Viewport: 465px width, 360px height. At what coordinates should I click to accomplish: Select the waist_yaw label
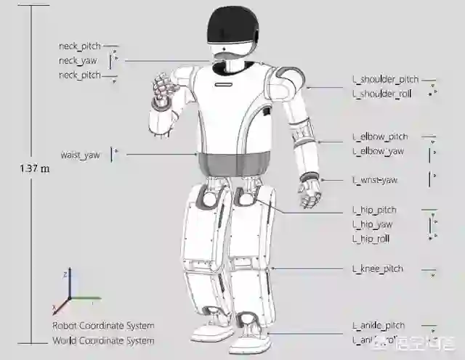pos(80,155)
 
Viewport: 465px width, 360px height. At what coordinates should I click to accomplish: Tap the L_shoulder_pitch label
pos(384,80)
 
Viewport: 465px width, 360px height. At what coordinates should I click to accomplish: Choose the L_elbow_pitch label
pos(380,136)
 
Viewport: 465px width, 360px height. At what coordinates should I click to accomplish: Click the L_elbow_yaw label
pos(378,151)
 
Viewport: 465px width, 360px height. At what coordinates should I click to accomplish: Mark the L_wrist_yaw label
pos(375,180)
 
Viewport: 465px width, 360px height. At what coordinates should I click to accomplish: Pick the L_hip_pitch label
pos(373,210)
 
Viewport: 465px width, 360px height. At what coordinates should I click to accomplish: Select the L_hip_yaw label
pos(372,224)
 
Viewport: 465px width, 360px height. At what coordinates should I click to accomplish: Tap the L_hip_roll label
pos(371,238)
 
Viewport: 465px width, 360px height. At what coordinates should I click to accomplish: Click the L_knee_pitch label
pos(377,269)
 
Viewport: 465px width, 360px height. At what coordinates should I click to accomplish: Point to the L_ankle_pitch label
pos(379,325)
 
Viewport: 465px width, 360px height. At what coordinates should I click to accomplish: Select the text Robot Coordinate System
pos(102,326)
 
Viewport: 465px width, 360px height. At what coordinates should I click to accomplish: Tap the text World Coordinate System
pos(102,340)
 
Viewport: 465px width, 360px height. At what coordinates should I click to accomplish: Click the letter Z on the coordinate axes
pos(65,273)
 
